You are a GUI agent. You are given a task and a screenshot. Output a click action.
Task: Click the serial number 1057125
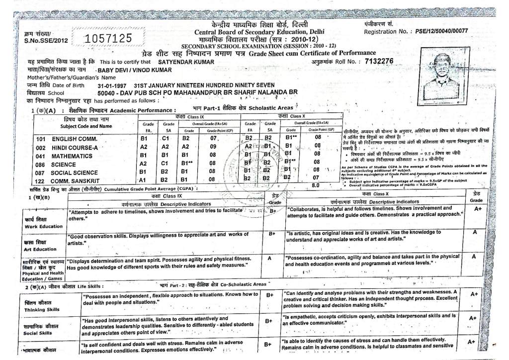109,38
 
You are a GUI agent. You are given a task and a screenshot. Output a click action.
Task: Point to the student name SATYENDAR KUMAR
182,62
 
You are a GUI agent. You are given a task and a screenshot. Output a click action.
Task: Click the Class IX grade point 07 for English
214,138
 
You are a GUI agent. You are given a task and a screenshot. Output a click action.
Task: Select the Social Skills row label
42,329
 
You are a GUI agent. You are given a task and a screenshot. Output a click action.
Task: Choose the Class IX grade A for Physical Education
269,258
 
